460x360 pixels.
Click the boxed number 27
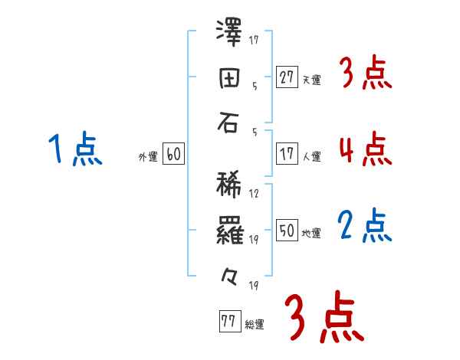[287, 77]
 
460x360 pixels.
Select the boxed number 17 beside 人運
[287, 154]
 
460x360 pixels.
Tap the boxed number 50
[287, 231]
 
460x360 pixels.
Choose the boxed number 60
[173, 154]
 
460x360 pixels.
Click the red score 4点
[365, 149]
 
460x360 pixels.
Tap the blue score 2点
[365, 226]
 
